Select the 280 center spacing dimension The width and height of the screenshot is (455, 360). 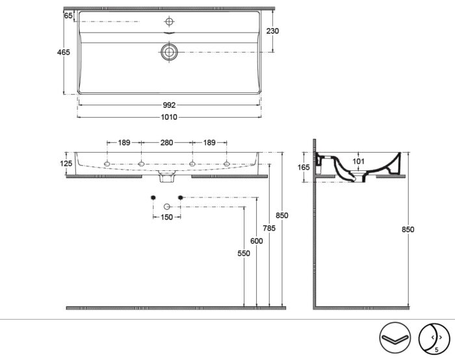[x=166, y=142]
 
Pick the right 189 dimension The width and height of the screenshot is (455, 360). [x=209, y=142]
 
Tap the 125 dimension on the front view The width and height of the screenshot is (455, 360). [x=66, y=164]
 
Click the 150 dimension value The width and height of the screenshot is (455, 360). [x=166, y=218]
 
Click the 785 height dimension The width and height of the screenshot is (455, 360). [x=269, y=228]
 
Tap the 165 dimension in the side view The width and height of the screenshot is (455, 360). [x=303, y=167]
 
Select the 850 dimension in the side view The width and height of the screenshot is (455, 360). [x=408, y=229]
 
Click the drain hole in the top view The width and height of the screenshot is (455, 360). [x=169, y=51]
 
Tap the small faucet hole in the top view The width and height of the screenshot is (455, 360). [x=169, y=21]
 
